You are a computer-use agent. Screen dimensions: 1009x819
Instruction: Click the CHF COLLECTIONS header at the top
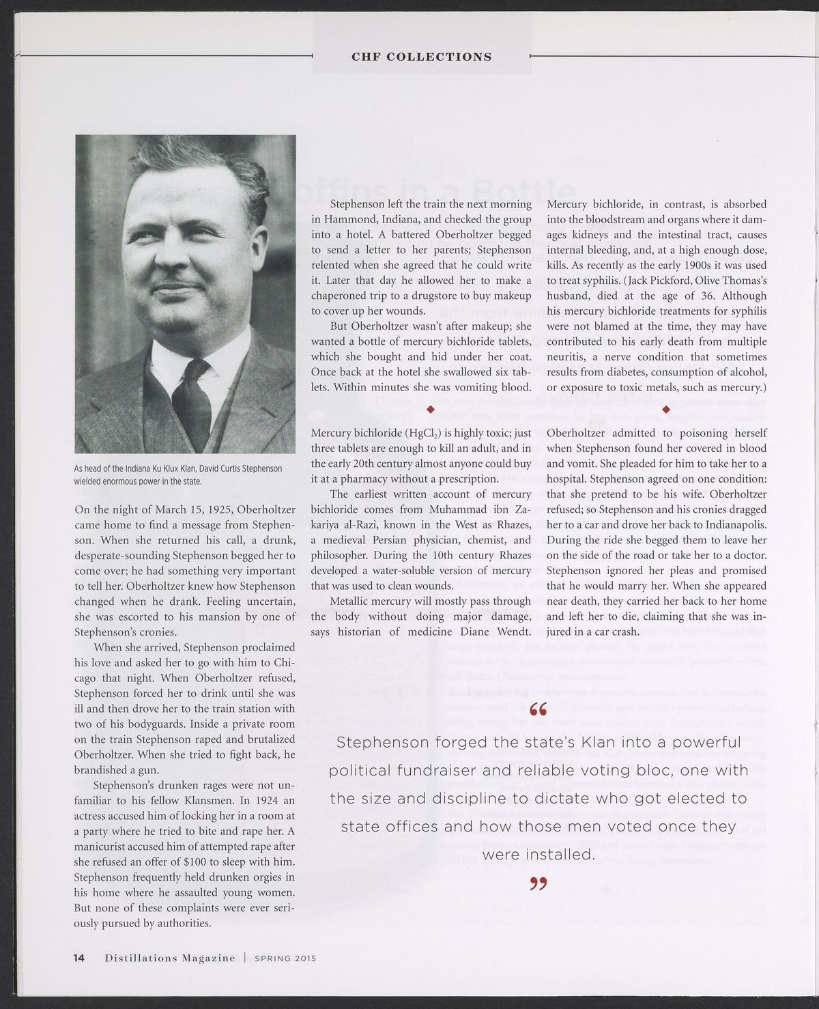pyautogui.click(x=421, y=57)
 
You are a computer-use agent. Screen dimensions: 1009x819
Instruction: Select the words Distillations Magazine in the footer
pyautogui.click(x=170, y=958)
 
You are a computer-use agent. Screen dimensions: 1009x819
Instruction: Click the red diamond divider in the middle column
pyautogui.click(x=430, y=409)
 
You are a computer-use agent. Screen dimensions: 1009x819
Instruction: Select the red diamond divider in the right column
pyautogui.click(x=666, y=409)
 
